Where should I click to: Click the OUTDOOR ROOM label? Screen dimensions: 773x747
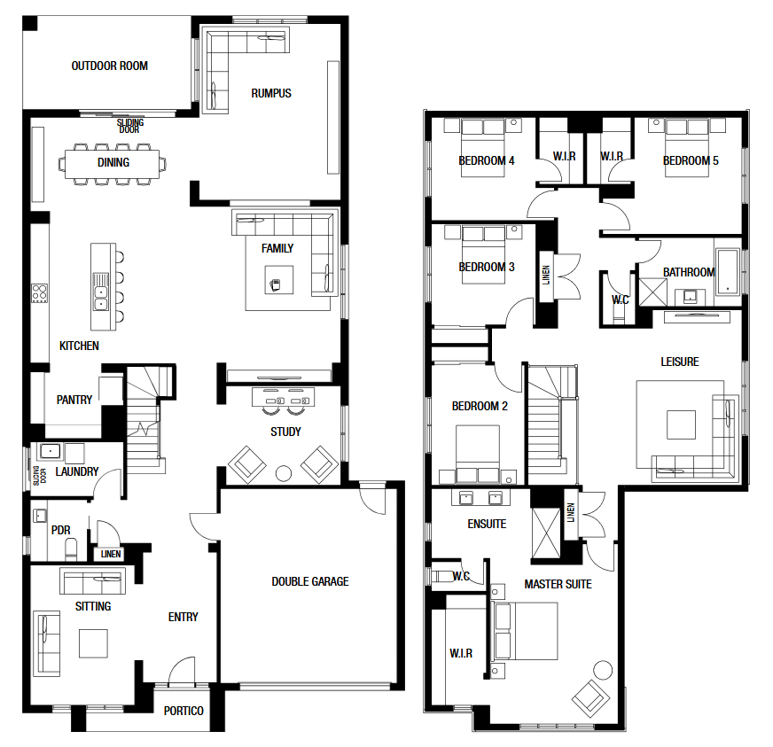pos(109,66)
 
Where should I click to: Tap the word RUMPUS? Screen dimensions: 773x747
pos(271,93)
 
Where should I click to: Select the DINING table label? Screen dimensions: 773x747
pos(113,162)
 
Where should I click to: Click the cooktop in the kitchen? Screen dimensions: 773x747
pos(40,293)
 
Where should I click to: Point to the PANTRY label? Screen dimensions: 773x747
pos(74,400)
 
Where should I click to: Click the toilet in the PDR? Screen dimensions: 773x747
pos(72,549)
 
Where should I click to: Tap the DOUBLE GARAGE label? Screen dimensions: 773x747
pos(310,581)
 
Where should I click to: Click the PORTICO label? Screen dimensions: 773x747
pos(183,711)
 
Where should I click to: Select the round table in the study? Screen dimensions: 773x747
pos(284,473)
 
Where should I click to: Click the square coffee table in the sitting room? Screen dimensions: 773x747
pos(93,643)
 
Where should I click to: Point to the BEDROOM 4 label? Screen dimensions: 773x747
pos(487,160)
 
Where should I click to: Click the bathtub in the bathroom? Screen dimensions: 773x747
pos(728,272)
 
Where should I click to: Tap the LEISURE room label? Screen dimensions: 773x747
pos(680,362)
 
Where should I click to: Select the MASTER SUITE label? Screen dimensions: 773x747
pos(558,584)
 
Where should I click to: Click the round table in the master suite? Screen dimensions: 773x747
pos(603,670)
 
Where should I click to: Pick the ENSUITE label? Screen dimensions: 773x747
pos(487,524)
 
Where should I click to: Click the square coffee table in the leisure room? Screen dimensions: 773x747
pos(682,424)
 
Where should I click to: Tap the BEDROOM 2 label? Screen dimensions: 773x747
pos(480,406)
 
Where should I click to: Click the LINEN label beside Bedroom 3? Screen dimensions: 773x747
pos(546,275)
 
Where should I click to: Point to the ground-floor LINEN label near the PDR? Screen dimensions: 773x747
pos(111,554)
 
